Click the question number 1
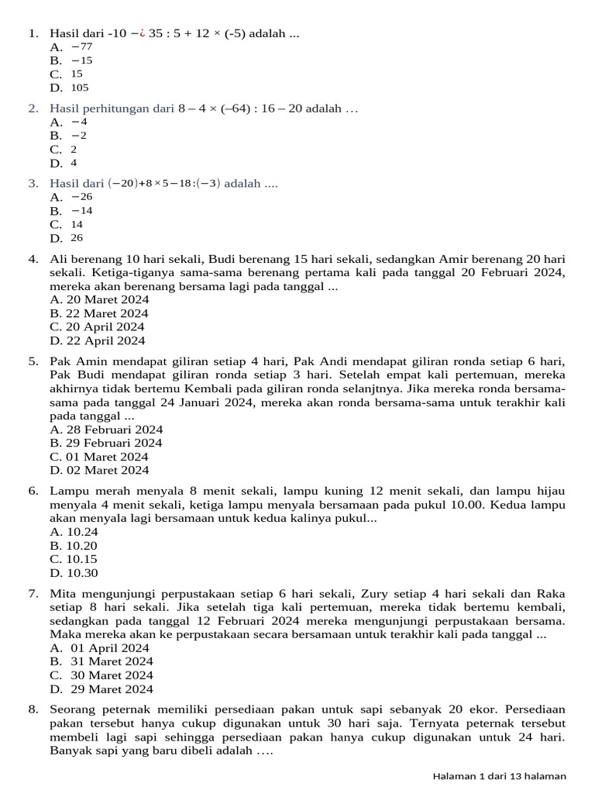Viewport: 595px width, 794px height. click(33, 33)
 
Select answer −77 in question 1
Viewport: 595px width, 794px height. click(81, 47)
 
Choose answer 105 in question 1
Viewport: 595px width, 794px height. click(80, 88)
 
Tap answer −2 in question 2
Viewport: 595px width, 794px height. click(79, 136)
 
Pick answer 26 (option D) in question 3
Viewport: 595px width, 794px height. click(77, 238)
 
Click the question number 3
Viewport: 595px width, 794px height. click(33, 184)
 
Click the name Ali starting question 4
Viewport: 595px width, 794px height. click(59, 259)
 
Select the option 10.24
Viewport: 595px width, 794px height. click(74, 532)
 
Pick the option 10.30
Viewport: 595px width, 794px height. click(74, 573)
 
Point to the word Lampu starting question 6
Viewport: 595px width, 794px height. click(67, 491)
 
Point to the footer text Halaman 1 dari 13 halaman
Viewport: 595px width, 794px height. click(499, 776)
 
